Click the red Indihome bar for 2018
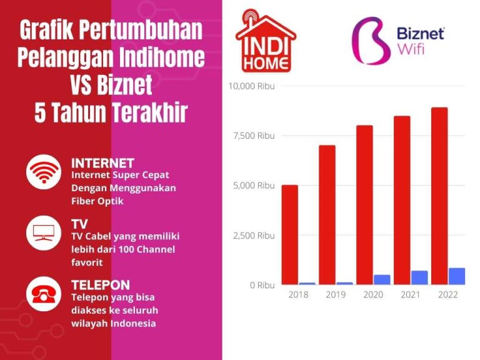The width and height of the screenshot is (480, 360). pos(289,234)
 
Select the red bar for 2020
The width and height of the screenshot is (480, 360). pos(364,205)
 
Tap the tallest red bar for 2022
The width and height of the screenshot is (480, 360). pos(439,196)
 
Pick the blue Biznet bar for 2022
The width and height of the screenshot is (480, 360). pos(457,276)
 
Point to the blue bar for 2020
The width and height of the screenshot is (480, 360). pos(382,279)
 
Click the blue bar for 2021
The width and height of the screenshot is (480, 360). pos(419,277)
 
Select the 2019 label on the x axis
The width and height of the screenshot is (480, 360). pos(336,294)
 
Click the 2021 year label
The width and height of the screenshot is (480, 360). pos(411,294)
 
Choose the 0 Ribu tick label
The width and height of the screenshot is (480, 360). pos(262,285)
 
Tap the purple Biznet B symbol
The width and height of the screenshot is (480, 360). pos(371,41)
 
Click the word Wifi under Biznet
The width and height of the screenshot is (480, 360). pos(411,49)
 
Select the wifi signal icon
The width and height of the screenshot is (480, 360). pos(43,172)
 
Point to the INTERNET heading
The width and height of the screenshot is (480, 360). pos(102,164)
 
